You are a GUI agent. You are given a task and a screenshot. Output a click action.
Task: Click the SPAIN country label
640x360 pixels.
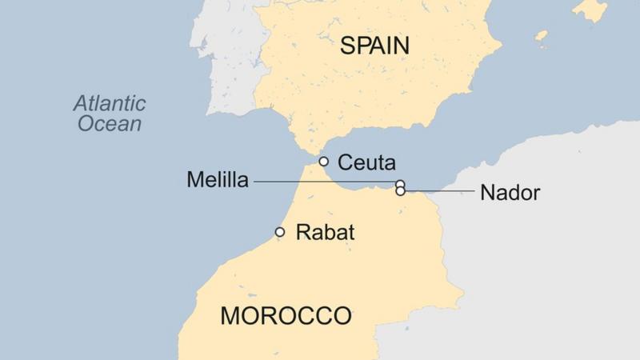point(374,46)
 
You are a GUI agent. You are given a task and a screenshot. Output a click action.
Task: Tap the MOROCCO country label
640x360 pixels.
point(286,315)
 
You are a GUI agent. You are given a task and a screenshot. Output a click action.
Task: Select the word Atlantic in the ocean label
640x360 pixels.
point(110,103)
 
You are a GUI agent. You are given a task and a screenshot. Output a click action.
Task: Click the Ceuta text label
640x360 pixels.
point(367,162)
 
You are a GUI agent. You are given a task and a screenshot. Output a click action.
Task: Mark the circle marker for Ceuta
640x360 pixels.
point(324,162)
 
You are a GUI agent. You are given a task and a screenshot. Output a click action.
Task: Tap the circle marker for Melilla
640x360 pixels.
point(400,184)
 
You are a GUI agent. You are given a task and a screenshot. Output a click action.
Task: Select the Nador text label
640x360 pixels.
point(510,193)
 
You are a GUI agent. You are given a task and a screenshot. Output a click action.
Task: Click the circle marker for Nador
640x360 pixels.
point(400,191)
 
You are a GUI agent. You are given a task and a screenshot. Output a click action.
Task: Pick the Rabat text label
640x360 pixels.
point(325,233)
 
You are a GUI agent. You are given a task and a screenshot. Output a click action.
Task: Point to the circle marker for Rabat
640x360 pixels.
point(280,232)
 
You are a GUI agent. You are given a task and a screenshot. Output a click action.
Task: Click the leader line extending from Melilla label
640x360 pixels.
point(320,183)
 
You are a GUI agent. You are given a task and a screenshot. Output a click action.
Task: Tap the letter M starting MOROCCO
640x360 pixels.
point(231,315)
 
